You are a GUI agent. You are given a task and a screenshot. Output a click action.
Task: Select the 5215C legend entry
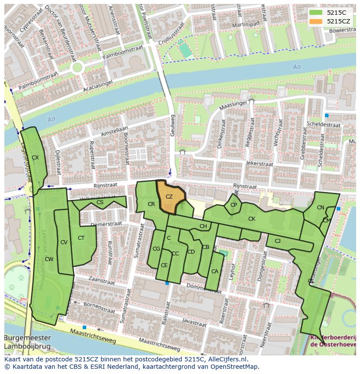point(335,13)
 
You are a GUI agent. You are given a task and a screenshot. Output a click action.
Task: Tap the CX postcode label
point(35,158)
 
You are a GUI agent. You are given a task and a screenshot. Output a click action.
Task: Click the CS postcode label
point(100,202)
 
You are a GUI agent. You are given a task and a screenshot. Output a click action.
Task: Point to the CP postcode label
point(234,205)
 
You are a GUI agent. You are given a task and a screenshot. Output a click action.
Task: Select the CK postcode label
point(251,219)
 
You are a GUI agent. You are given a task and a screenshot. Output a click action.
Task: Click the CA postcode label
point(214,271)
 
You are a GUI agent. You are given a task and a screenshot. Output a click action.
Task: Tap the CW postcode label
point(49,259)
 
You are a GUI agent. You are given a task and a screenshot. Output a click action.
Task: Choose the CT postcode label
point(81,238)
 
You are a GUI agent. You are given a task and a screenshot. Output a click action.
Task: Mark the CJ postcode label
point(277,241)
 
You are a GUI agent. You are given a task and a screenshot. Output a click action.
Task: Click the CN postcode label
point(320,208)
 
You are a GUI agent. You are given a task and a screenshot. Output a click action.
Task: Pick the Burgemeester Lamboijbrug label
point(27,342)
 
